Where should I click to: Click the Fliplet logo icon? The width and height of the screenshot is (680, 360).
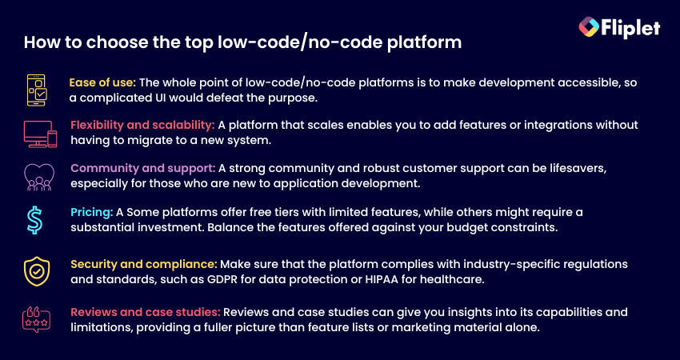click(589, 27)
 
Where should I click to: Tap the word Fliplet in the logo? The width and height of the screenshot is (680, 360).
click(630, 28)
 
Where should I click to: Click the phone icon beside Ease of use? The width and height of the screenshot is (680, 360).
click(37, 90)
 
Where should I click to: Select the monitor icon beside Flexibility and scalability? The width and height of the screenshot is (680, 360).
click(40, 134)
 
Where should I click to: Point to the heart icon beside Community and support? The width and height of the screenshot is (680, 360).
click(39, 178)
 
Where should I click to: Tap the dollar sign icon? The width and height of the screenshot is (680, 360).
click(34, 220)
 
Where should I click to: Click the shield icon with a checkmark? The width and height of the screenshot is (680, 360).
click(37, 271)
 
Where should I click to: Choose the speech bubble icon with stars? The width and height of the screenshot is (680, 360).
click(37, 320)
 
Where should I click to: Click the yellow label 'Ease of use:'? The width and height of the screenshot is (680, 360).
click(102, 82)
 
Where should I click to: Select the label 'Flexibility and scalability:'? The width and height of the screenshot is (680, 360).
click(142, 126)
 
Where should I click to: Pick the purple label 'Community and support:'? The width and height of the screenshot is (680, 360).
click(143, 168)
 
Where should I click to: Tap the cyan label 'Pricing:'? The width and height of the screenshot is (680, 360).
click(92, 213)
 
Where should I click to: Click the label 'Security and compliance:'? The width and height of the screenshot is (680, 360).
click(144, 264)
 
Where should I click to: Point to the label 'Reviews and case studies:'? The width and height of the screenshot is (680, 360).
click(146, 312)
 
